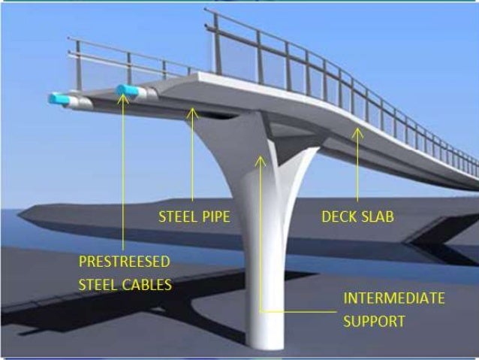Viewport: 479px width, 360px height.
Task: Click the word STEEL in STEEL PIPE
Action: (x=176, y=217)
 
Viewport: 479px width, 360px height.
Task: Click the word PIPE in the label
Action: (x=213, y=217)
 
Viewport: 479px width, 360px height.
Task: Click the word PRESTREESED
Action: (x=124, y=262)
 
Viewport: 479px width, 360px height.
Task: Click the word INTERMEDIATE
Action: (x=393, y=298)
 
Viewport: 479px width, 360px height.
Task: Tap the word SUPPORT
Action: (x=374, y=322)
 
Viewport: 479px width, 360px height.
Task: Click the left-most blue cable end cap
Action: (x=57, y=98)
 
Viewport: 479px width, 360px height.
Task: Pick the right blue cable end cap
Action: (x=128, y=90)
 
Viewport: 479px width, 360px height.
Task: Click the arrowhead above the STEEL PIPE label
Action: (x=193, y=113)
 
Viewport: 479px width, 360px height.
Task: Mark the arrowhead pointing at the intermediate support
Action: (x=261, y=159)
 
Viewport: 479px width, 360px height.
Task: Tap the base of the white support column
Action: (x=268, y=342)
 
